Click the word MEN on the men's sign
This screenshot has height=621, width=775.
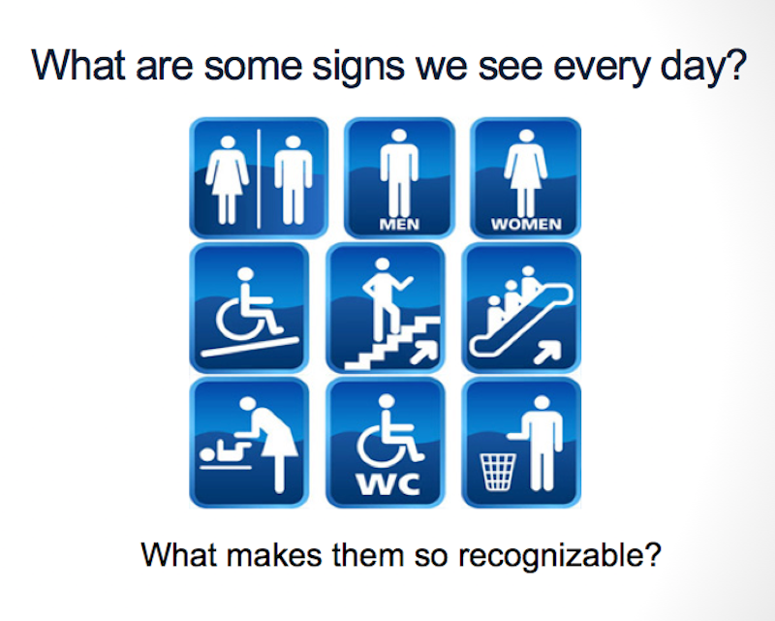(x=399, y=225)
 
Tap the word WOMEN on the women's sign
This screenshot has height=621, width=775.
(x=526, y=225)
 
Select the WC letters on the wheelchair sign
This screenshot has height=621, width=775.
(x=388, y=484)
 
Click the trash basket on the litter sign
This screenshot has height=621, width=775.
(x=498, y=472)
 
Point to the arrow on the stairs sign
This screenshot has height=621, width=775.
(x=423, y=352)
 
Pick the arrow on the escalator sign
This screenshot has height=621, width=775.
(x=547, y=352)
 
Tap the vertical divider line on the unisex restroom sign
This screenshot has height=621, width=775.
(x=259, y=179)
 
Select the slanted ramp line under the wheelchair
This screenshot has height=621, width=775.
(x=250, y=347)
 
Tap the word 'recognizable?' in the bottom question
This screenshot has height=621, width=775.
(x=560, y=556)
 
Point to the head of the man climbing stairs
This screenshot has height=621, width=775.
(x=382, y=264)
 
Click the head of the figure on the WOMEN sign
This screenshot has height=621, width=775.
(x=526, y=137)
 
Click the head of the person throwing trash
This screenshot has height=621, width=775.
(x=542, y=403)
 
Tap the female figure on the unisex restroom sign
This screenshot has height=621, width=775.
(x=228, y=180)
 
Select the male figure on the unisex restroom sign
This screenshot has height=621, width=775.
(x=294, y=180)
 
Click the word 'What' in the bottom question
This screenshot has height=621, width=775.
(x=180, y=555)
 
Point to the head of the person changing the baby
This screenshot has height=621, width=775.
(x=247, y=404)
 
